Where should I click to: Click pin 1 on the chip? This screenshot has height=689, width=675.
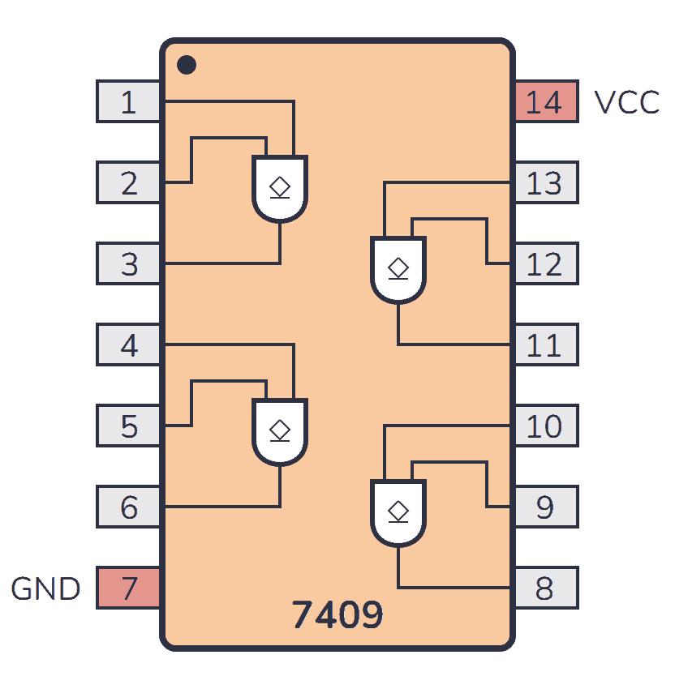click(x=128, y=102)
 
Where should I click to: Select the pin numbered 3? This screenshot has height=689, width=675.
click(x=128, y=264)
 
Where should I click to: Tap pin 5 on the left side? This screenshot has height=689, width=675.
click(x=128, y=426)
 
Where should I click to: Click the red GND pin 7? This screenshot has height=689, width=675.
click(x=128, y=588)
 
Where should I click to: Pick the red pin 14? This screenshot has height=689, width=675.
click(x=546, y=102)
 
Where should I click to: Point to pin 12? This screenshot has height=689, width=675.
click(x=546, y=264)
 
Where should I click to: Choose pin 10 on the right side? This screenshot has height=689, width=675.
click(x=546, y=426)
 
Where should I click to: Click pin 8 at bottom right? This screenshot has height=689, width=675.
click(x=546, y=588)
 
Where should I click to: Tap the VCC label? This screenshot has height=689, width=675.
click(x=626, y=103)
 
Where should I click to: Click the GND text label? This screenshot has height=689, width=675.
click(x=45, y=588)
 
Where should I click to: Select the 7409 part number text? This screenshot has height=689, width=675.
click(x=337, y=616)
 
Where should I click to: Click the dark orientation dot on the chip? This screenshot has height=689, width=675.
click(x=187, y=65)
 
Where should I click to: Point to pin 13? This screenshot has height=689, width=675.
click(x=546, y=183)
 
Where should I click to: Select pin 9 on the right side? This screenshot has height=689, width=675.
click(x=546, y=507)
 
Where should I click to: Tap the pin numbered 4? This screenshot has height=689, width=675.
click(x=128, y=345)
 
